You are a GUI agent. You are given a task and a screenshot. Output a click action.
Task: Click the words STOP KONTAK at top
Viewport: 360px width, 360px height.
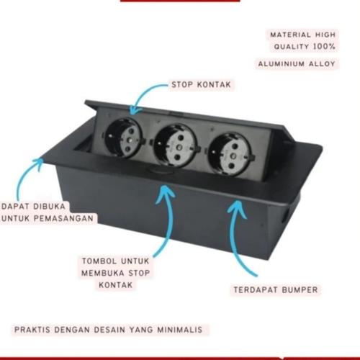point(201,84)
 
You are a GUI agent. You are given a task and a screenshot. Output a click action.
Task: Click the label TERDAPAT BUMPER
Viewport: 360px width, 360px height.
point(275,290)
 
